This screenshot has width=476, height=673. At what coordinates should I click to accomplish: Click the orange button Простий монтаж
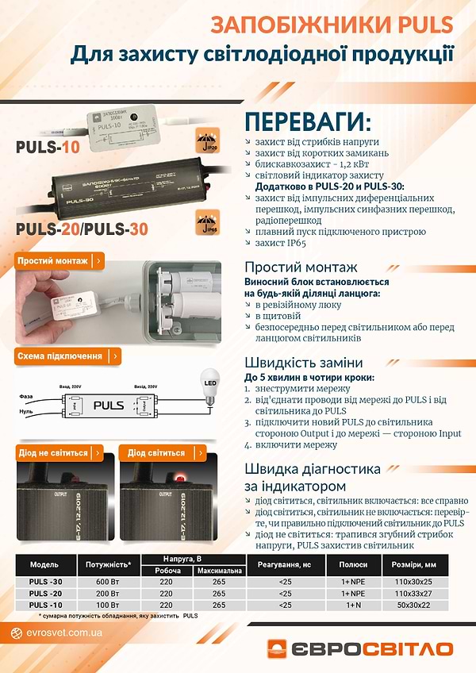click(59, 260)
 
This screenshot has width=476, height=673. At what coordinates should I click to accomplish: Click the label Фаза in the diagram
click(27, 396)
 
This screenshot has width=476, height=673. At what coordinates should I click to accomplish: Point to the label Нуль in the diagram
click(27, 413)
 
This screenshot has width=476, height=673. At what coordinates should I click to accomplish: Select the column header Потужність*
click(107, 564)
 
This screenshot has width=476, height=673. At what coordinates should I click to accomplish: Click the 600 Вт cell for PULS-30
click(107, 581)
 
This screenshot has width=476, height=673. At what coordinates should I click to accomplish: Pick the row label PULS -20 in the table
click(44, 593)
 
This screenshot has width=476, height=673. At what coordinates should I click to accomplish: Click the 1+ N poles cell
click(354, 605)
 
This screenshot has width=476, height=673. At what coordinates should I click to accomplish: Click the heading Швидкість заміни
click(304, 361)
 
